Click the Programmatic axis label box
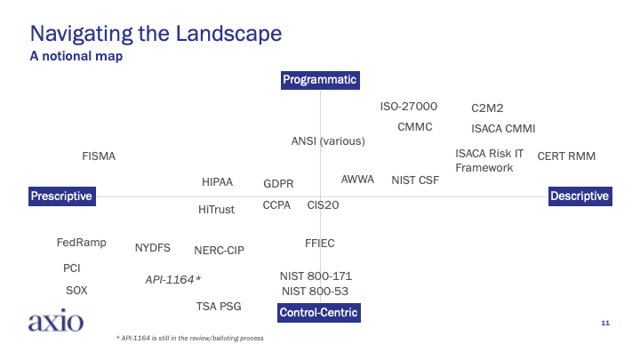click(320, 80)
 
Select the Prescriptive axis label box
click(62, 196)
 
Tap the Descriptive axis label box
click(580, 196)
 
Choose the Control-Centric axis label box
click(319, 313)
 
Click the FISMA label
click(99, 156)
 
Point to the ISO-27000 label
click(409, 107)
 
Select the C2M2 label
click(487, 108)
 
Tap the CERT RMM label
click(566, 156)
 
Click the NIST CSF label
click(415, 180)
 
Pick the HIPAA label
click(217, 182)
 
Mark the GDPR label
click(278, 184)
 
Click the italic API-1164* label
click(173, 280)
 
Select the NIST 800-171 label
click(316, 276)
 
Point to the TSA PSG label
click(219, 306)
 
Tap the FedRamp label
click(81, 243)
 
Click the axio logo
click(56, 320)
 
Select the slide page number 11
click(605, 323)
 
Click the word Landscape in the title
click(229, 34)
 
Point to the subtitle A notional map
click(76, 56)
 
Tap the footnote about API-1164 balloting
click(190, 338)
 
